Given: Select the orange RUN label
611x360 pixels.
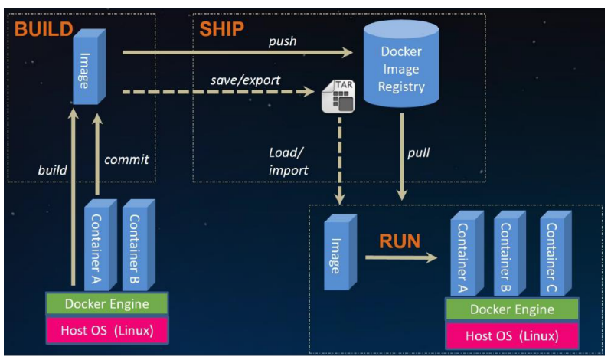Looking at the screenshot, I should click(x=399, y=243).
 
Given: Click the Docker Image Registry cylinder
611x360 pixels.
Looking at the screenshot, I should click(x=402, y=69).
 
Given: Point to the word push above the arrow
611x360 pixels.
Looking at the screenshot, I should click(x=282, y=40).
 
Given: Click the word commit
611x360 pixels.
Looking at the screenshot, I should click(x=125, y=160).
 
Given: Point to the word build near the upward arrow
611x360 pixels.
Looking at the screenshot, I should click(x=52, y=169).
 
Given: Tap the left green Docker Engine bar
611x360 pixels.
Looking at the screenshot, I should click(x=106, y=304).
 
